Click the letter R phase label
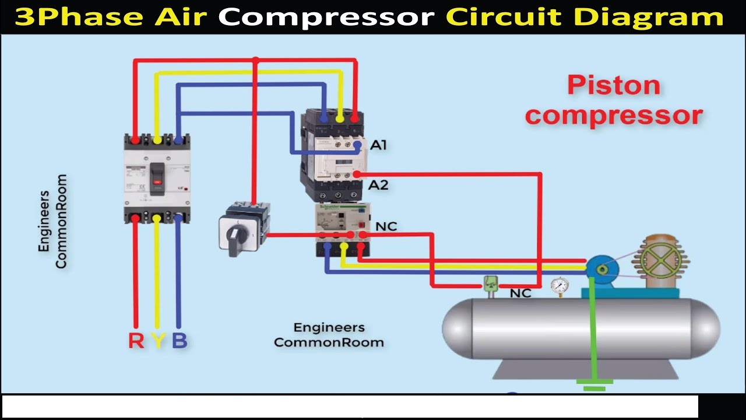click(136, 340)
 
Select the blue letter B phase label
click(180, 340)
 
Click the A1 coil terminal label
click(379, 145)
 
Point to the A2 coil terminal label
click(379, 185)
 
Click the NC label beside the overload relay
click(386, 226)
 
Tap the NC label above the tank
click(520, 293)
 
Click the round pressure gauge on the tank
click(560, 285)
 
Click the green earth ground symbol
click(594, 385)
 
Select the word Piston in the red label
click(614, 85)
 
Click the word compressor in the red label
click(614, 115)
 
